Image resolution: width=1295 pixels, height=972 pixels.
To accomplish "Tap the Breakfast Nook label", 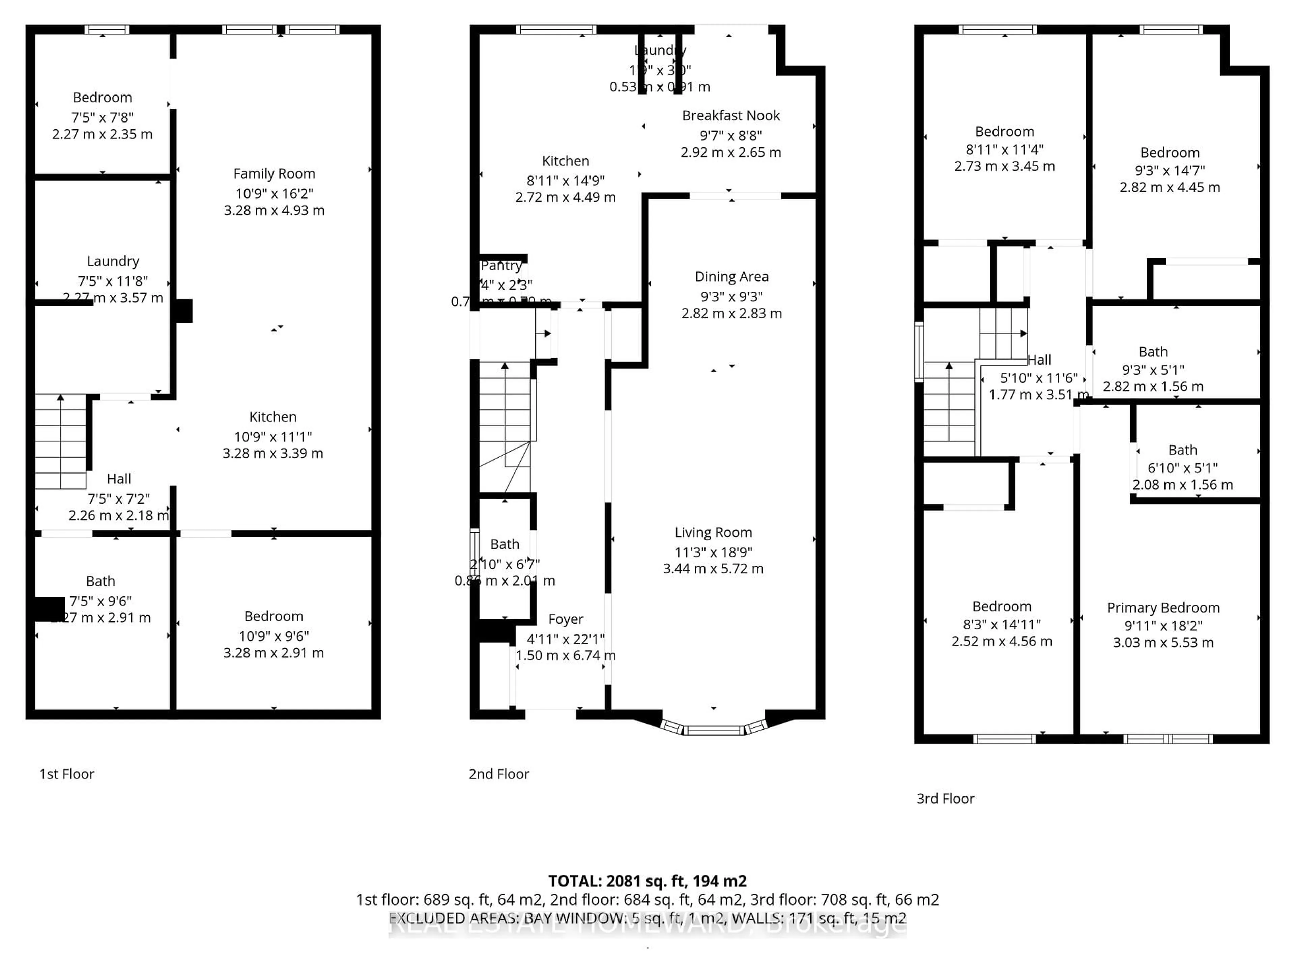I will tap(731, 115).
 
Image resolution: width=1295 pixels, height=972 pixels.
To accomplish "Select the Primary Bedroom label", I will tap(1163, 607).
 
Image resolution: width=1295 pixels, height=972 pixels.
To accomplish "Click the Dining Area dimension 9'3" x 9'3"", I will tap(731, 296).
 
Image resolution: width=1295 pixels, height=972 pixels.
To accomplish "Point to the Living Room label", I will tap(713, 532).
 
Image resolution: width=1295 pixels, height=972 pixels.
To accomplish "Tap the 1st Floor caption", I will tap(67, 774).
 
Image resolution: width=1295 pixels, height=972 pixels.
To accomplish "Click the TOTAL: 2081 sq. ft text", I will tap(647, 881).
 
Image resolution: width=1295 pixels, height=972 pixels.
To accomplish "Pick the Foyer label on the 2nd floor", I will tap(566, 619).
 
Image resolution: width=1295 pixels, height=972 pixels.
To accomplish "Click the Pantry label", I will tap(501, 265).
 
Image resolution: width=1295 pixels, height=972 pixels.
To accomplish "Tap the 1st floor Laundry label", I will tap(113, 261).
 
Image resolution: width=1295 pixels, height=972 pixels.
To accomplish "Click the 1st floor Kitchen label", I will tap(273, 416).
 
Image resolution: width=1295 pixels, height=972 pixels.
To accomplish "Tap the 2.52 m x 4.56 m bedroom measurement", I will tap(1002, 641).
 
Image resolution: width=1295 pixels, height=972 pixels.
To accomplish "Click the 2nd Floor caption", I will tap(499, 774).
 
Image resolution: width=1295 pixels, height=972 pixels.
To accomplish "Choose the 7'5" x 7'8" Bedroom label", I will tap(103, 97).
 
